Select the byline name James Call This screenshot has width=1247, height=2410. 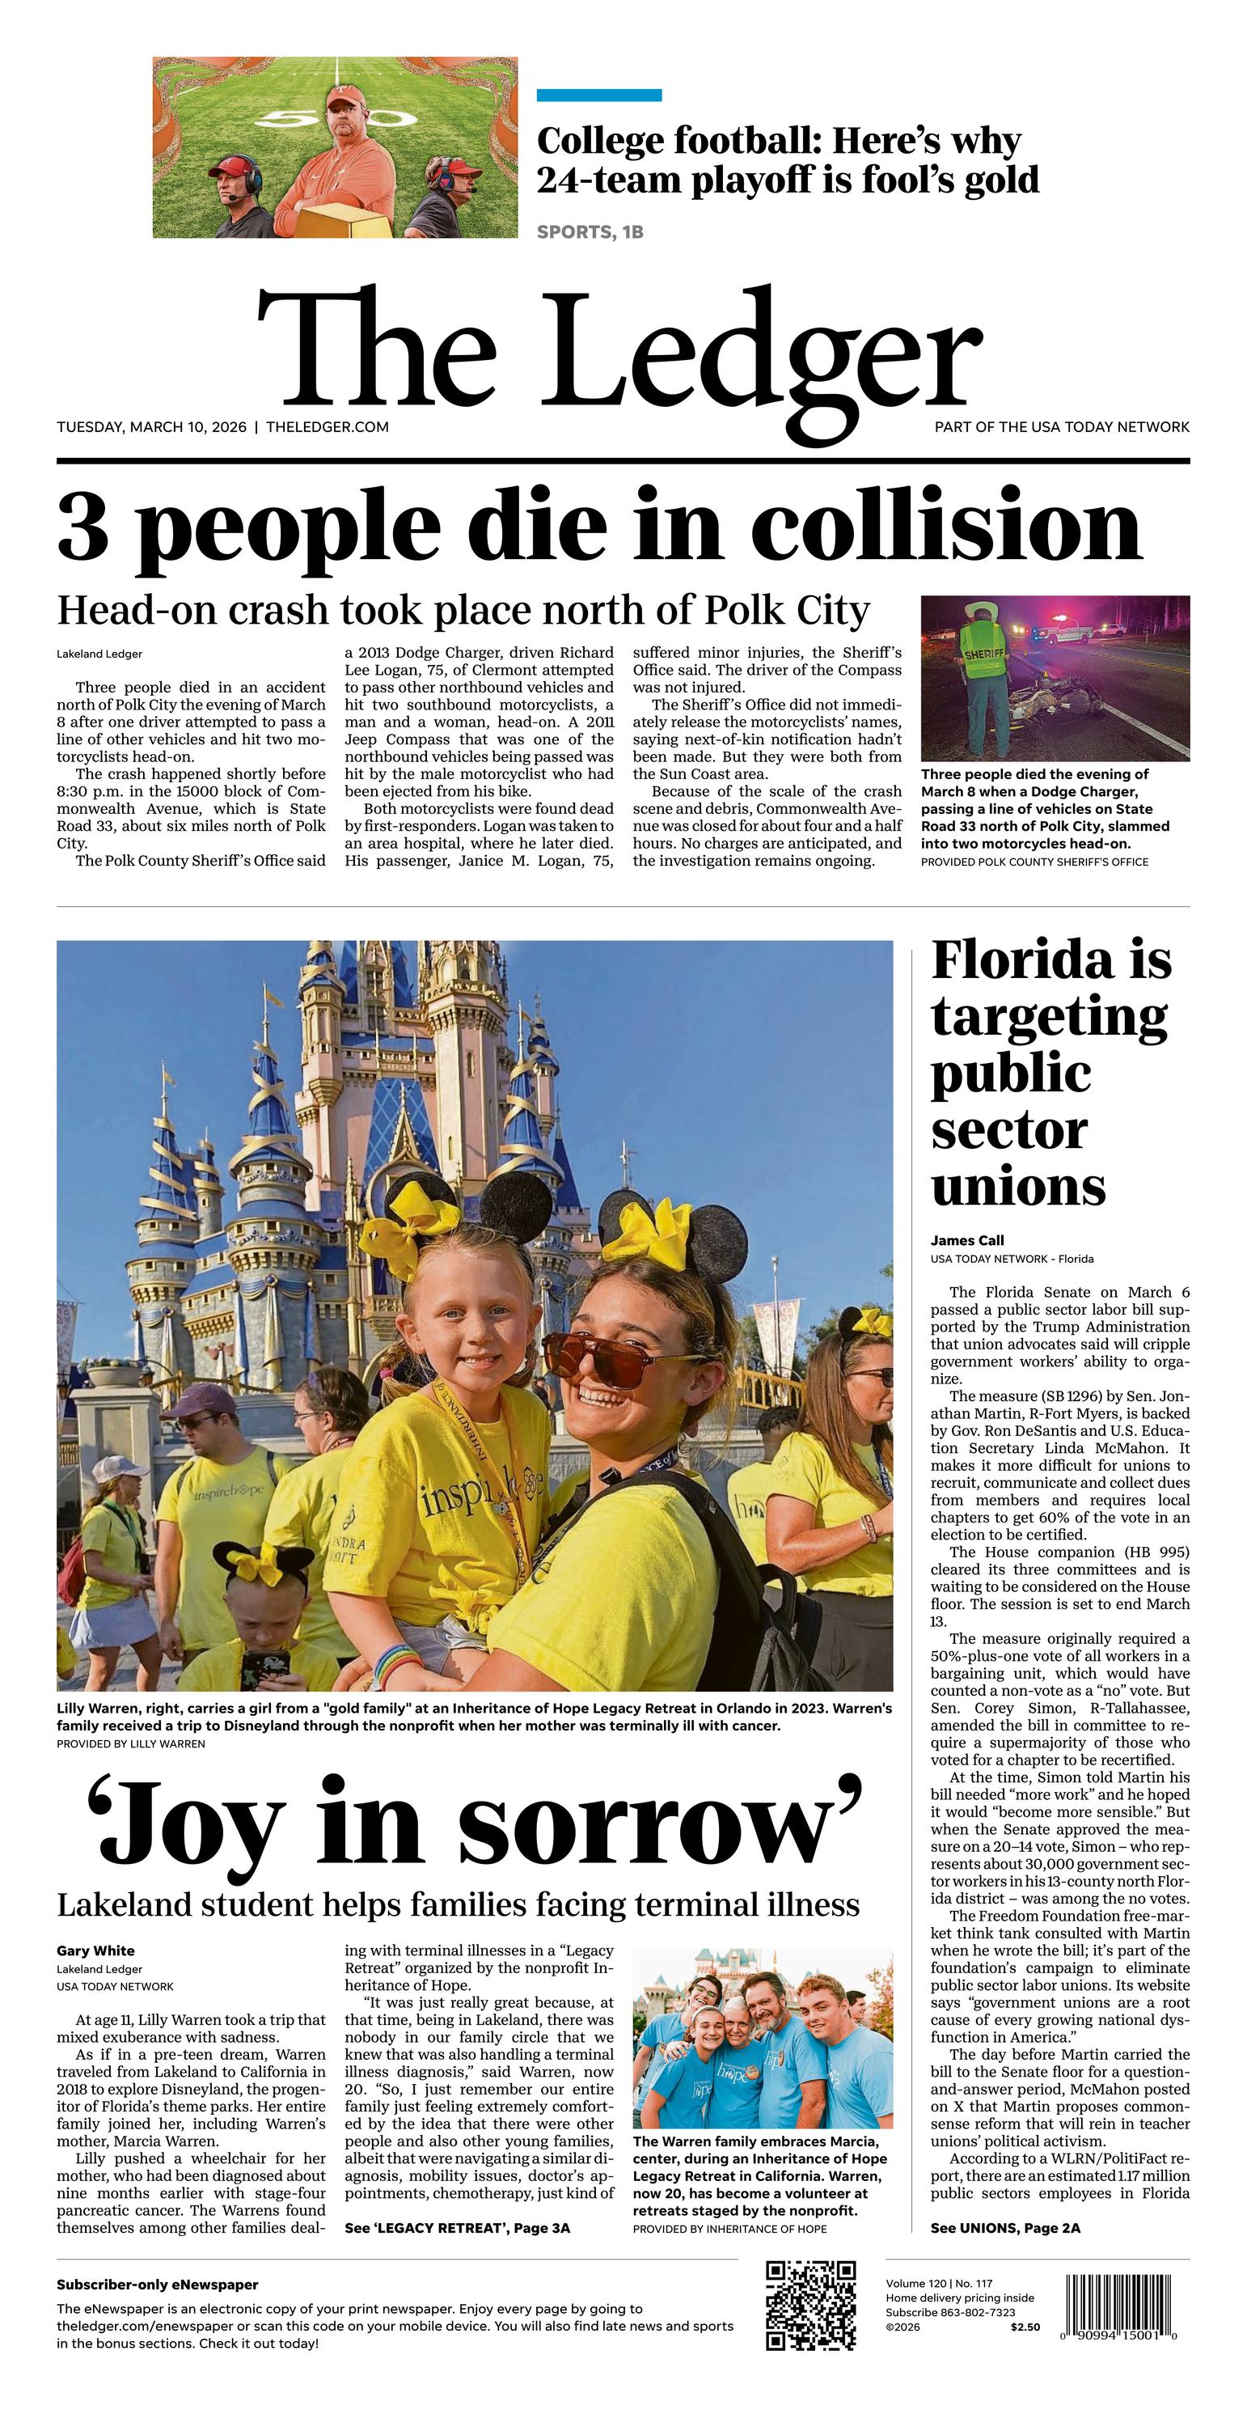coord(967,1240)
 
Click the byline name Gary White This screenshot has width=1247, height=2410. coord(95,1950)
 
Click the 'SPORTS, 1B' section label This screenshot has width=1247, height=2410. coord(590,232)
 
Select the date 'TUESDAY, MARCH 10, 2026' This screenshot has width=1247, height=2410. coord(151,426)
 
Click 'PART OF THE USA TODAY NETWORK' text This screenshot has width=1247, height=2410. coord(1062,426)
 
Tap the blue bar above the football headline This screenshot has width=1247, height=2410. coord(598,95)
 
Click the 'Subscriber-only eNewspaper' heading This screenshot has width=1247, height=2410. coord(157,2285)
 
